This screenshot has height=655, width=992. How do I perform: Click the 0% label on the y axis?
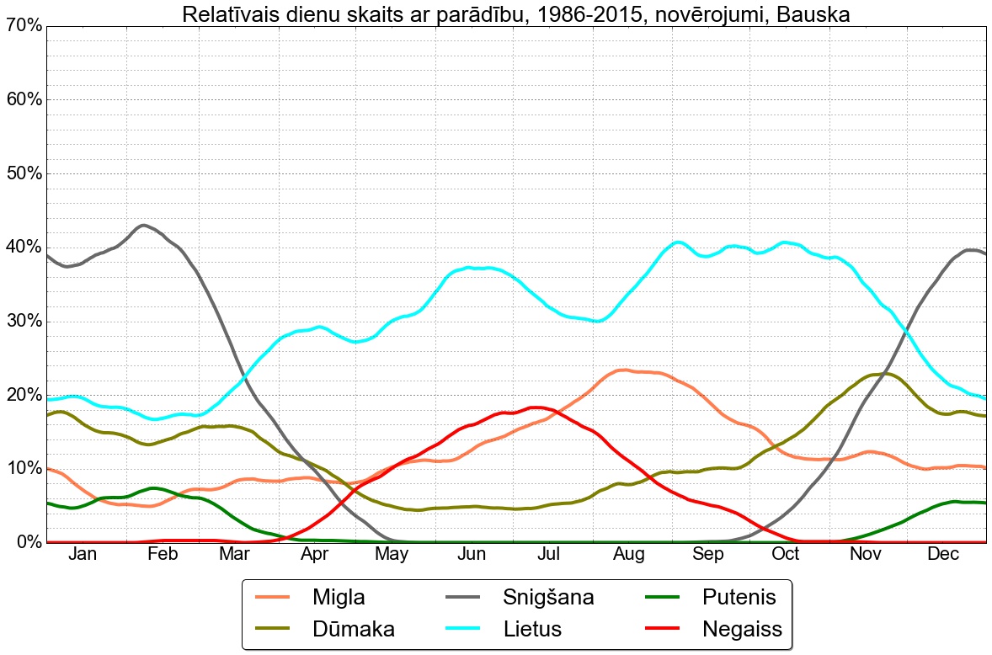[28, 542]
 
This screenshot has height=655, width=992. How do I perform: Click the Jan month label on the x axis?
[83, 554]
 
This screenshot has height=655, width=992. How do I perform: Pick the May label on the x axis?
[392, 554]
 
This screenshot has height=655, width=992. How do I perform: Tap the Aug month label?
[629, 554]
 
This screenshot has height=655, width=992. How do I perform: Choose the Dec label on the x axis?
[943, 554]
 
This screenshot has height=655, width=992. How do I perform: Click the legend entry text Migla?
[339, 598]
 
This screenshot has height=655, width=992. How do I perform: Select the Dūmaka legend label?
[353, 629]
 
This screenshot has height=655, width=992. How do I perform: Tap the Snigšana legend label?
[548, 598]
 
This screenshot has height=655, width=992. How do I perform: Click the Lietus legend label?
[532, 629]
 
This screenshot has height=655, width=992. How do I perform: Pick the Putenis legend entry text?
[738, 598]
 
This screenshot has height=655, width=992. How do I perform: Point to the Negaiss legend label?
[741, 629]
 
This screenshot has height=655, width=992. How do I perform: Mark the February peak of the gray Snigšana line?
[144, 226]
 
